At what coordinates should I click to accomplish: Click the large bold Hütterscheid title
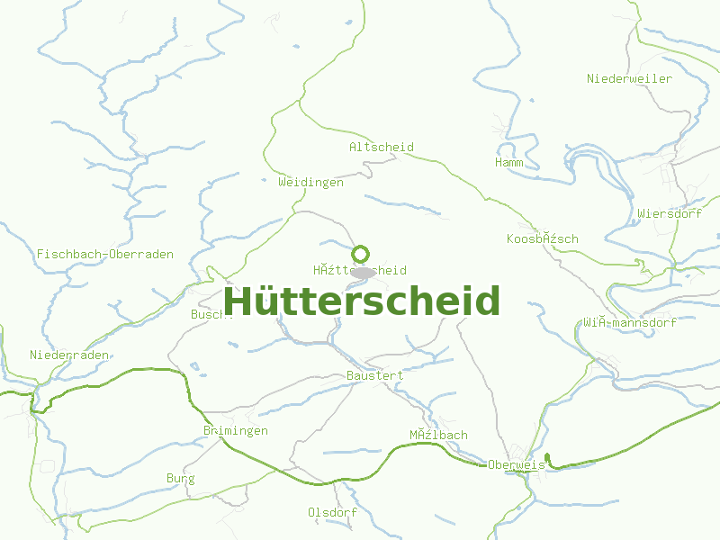(361, 301)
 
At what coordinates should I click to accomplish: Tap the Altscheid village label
(381, 147)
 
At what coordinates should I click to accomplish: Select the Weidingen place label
(310, 182)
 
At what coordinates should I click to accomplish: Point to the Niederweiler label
(629, 79)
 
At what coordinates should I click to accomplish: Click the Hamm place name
(508, 163)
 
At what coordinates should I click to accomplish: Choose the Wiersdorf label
(669, 214)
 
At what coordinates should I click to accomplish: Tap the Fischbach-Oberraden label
(105, 255)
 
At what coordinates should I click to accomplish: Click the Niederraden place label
(69, 355)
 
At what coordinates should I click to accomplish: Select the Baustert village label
(374, 375)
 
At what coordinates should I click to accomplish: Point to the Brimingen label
(236, 431)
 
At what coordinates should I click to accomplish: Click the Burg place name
(180, 479)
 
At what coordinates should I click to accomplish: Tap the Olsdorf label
(332, 512)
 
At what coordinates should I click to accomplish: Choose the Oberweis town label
(517, 464)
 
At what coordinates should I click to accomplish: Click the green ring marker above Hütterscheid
(361, 255)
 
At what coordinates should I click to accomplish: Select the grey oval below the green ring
(363, 272)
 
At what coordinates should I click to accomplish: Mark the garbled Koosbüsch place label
(542, 239)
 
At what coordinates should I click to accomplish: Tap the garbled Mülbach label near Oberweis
(438, 436)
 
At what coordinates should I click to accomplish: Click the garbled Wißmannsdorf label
(629, 322)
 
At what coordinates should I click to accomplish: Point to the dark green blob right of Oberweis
(548, 460)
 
